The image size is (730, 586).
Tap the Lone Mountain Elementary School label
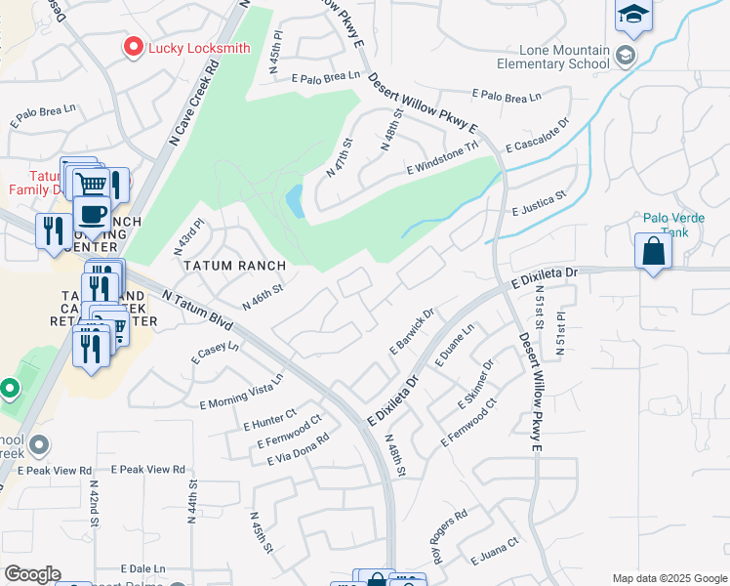pos(565,58)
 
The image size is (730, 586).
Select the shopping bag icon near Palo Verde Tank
pos(653,251)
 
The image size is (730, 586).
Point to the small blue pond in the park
pos(294,201)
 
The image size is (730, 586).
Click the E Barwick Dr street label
pos(411,333)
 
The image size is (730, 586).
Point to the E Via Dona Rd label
pos(290,448)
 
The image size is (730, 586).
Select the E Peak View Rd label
pos(148,470)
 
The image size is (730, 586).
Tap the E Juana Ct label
pos(493,553)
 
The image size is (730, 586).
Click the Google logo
pos(32,574)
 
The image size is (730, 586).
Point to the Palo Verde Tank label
pos(667,226)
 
